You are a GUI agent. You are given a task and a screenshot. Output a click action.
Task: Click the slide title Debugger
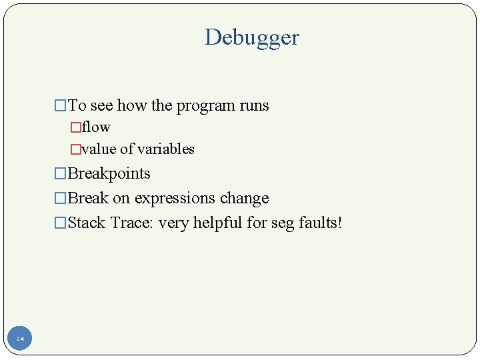click(252, 38)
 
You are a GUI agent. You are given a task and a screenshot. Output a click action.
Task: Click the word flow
click(96, 127)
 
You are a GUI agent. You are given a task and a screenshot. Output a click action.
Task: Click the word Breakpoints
click(109, 173)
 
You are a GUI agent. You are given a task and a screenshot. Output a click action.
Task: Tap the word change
click(247, 198)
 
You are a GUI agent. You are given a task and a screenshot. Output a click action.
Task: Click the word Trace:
click(132, 223)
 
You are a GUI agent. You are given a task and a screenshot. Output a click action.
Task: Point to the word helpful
click(218, 223)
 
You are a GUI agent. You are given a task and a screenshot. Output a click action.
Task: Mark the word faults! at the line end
click(319, 223)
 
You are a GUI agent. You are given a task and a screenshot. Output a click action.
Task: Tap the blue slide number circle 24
click(20, 339)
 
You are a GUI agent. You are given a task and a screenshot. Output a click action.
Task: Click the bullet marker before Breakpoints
click(61, 174)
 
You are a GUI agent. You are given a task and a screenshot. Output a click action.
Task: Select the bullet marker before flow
click(75, 127)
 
